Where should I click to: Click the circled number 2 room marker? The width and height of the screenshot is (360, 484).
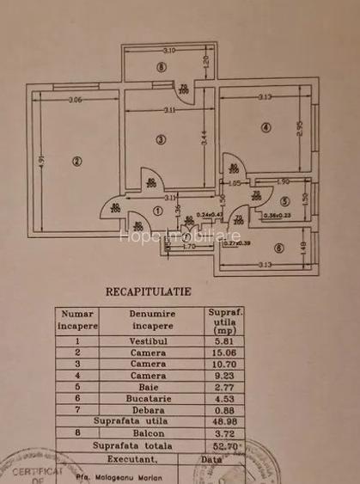(x=76, y=159)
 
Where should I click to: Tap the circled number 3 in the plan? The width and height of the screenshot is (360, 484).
(x=160, y=139)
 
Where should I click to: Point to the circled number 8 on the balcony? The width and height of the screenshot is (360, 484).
(x=160, y=68)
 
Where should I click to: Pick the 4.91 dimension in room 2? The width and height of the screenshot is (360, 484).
(x=40, y=160)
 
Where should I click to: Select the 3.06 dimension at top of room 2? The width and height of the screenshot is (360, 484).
(x=76, y=100)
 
